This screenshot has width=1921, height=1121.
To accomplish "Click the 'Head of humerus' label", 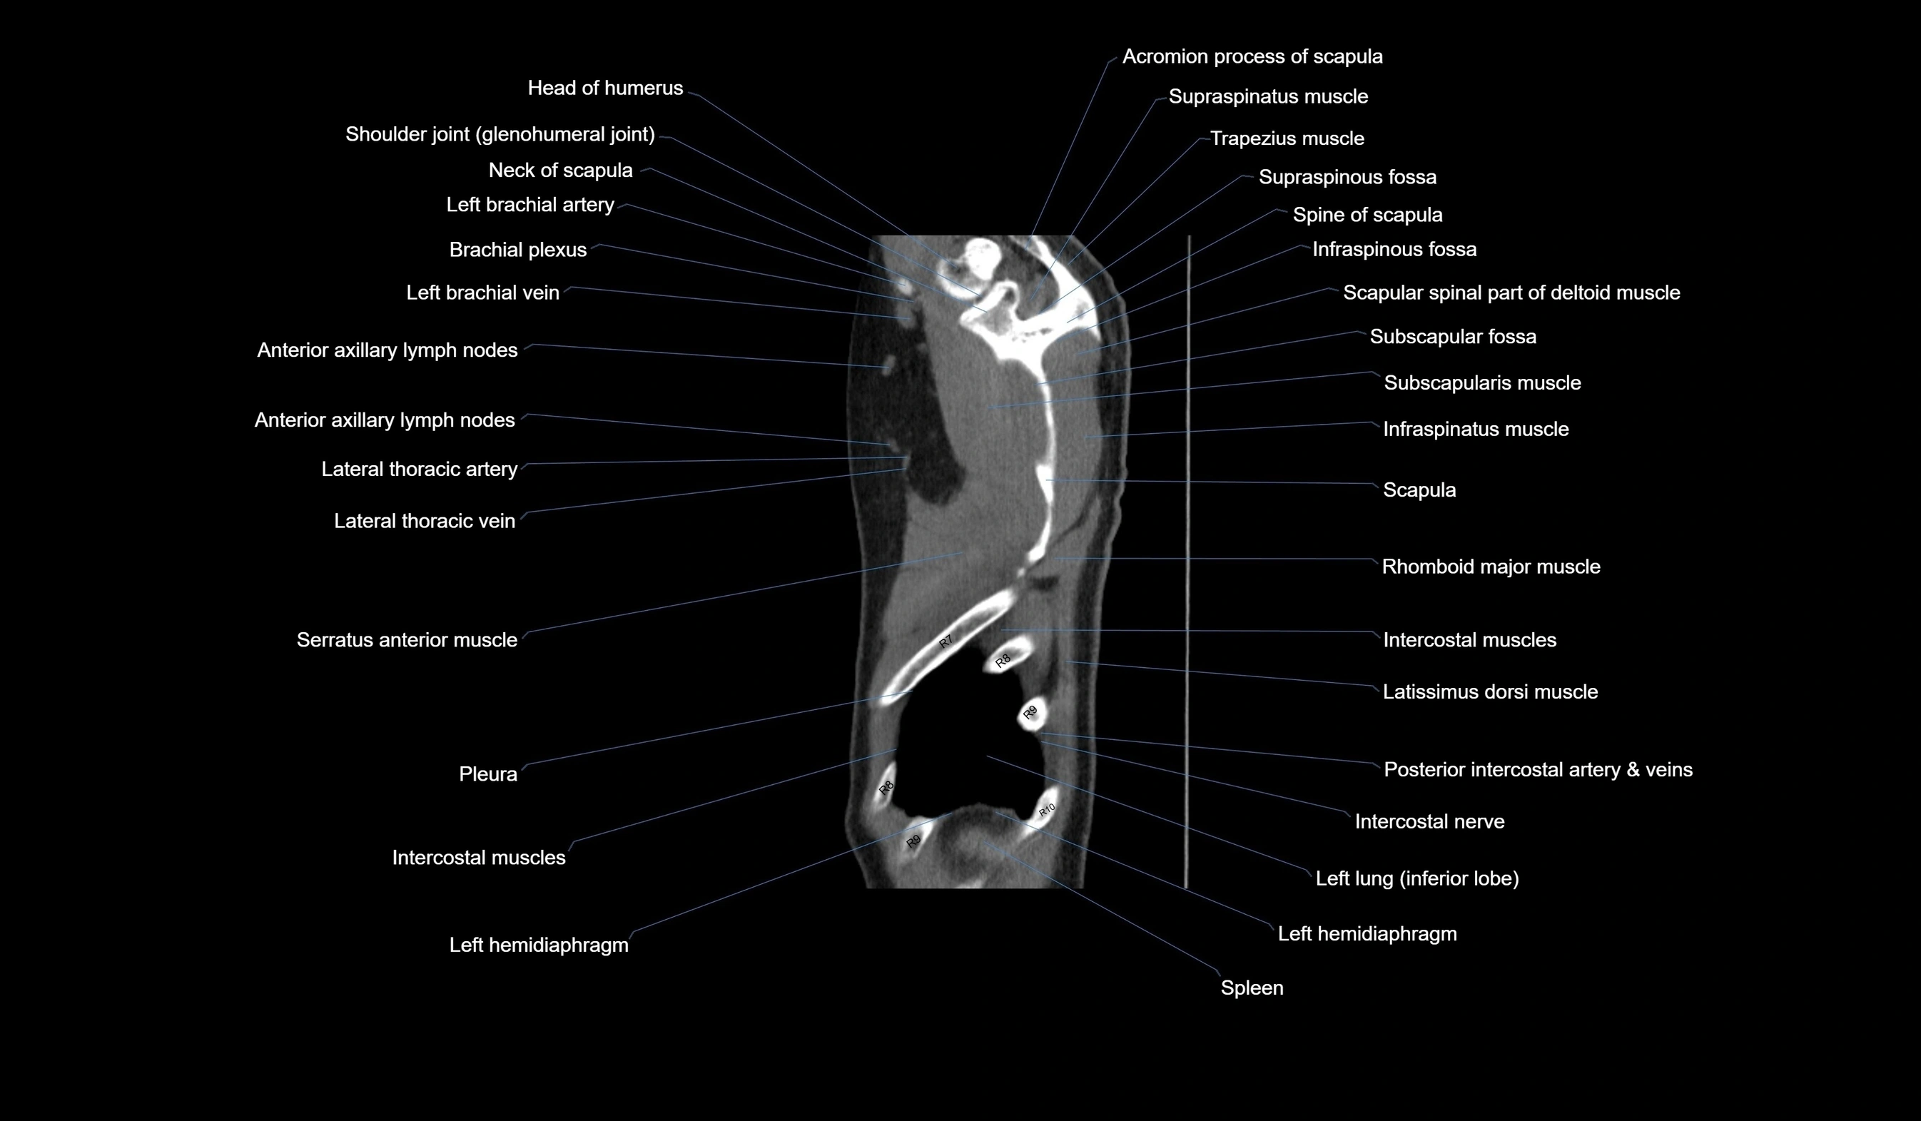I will pyautogui.click(x=605, y=88).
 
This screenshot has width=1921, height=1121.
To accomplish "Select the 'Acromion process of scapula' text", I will pyautogui.click(x=1252, y=57).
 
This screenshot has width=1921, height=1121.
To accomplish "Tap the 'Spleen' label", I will pyautogui.click(x=1252, y=988).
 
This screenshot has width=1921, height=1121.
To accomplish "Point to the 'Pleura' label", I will pyautogui.click(x=488, y=774).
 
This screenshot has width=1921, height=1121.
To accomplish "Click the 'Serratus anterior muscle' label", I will pyautogui.click(x=406, y=640).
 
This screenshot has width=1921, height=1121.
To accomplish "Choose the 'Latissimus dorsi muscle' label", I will pyautogui.click(x=1489, y=692).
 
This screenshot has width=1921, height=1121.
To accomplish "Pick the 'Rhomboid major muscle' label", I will pyautogui.click(x=1490, y=567).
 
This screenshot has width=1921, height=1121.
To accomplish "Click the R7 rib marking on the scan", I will pyautogui.click(x=946, y=642).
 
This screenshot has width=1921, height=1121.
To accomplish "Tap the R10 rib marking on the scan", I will pyautogui.click(x=1048, y=809).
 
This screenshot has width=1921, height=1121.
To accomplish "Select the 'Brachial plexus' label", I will pyautogui.click(x=517, y=250).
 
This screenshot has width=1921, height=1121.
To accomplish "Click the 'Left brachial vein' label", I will pyautogui.click(x=482, y=293).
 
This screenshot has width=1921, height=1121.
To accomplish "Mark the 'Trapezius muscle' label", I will pyautogui.click(x=1287, y=138).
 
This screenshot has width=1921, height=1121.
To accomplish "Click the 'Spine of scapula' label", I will pyautogui.click(x=1367, y=215).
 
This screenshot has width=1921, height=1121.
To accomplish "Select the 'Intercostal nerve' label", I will pyautogui.click(x=1429, y=821).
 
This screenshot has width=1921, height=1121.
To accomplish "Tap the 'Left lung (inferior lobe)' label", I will pyautogui.click(x=1417, y=878).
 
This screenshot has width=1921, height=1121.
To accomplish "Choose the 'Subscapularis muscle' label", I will pyautogui.click(x=1482, y=382).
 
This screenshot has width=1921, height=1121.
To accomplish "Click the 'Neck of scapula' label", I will pyautogui.click(x=560, y=171).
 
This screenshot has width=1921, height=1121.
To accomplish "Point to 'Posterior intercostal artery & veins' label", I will pyautogui.click(x=1538, y=770).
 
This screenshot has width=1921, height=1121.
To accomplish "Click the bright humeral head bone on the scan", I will pyautogui.click(x=980, y=255).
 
